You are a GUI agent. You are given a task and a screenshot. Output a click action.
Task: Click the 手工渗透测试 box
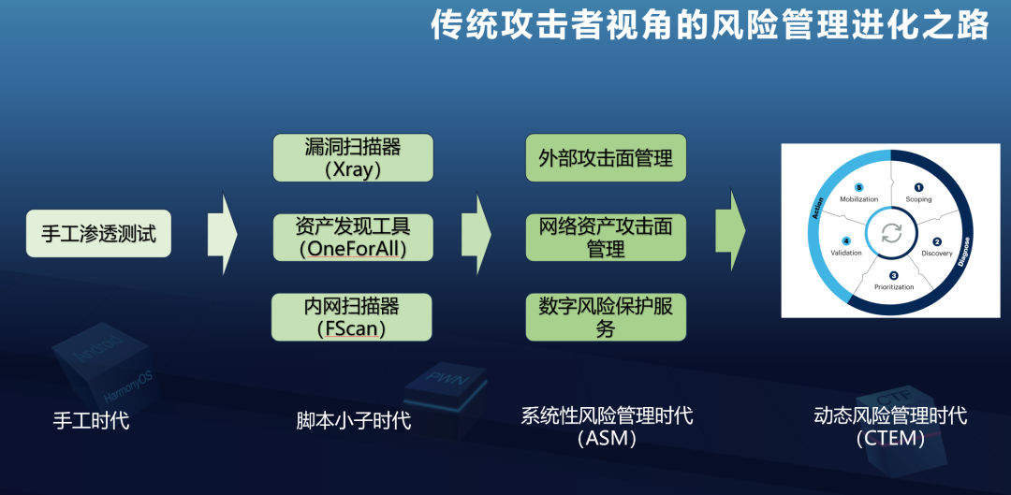coord(98,233)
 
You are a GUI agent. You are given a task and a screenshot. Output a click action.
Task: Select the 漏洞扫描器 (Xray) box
coord(353,158)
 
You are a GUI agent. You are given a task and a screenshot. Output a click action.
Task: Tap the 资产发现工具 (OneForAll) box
coord(353,237)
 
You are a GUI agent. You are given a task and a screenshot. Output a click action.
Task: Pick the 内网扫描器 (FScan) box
coord(352,317)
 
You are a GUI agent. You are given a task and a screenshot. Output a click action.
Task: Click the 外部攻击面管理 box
coord(606,158)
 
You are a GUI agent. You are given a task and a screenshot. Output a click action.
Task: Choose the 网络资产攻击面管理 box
coord(606,237)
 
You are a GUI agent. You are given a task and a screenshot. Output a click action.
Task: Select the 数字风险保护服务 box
coord(606,317)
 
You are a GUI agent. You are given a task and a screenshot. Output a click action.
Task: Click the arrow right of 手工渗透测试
coord(223,234)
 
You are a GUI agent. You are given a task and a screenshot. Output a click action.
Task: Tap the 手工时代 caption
coord(91,420)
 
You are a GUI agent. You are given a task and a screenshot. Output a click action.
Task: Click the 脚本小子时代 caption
coord(354,420)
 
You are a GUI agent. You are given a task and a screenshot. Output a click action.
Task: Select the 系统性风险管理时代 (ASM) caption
coord(607,426)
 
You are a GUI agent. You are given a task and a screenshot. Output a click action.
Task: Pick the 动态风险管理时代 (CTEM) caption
coord(889,426)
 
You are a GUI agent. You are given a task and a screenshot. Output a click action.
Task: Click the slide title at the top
coord(710,25)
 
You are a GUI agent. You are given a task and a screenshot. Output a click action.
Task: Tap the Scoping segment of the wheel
coord(918,193)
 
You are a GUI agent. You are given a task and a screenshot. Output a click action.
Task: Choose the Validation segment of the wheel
coord(846,247)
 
